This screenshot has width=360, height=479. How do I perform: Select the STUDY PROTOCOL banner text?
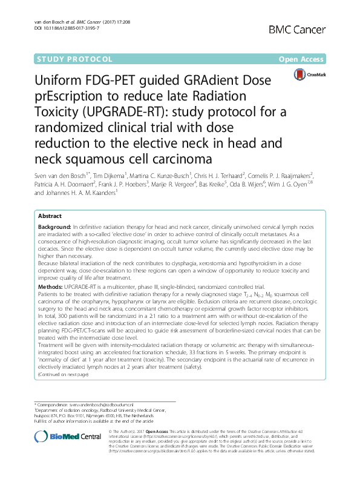pos(74,60)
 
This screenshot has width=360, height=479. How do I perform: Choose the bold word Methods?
pos(50,285)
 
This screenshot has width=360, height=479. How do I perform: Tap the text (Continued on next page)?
pos(63,375)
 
